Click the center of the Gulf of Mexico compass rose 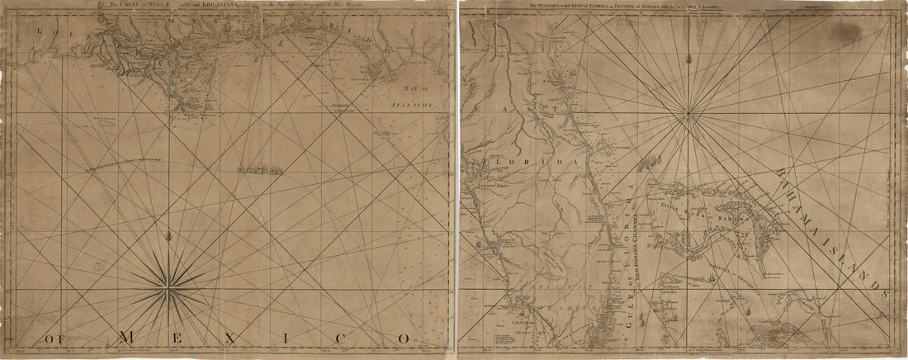tap(169, 289)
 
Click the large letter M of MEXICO tap(129, 337)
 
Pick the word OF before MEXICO tap(59, 339)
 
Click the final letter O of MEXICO tap(403, 338)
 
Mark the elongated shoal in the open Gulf tap(258, 171)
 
